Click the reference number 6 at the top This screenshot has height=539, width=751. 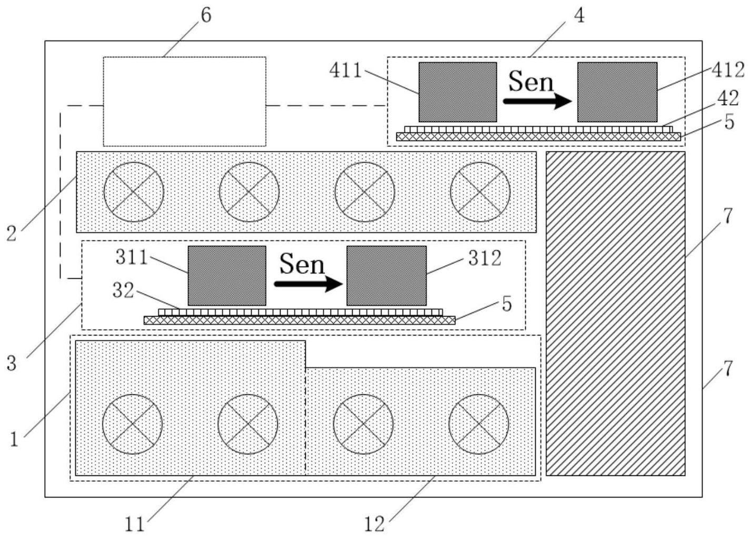[x=206, y=15]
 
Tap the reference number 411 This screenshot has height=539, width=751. [x=346, y=70]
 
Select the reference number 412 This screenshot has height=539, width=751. [x=728, y=70]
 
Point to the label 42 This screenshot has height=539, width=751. [x=728, y=98]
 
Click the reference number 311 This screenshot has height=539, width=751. [x=132, y=258]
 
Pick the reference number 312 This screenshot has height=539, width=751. [x=485, y=258]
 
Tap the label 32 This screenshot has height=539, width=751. [x=123, y=291]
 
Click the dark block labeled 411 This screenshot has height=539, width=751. [x=457, y=92]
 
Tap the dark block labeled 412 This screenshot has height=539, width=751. [x=617, y=92]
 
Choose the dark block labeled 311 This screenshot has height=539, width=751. [x=227, y=276]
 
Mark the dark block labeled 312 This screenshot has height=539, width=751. [x=386, y=276]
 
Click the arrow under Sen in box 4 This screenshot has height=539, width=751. [x=537, y=100]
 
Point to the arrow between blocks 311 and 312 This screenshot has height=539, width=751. [x=308, y=284]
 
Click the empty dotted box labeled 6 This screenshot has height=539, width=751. [x=184, y=101]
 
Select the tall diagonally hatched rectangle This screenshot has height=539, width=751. [x=615, y=313]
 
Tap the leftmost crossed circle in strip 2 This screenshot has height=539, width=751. [x=134, y=192]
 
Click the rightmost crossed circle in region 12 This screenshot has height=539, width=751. [x=478, y=424]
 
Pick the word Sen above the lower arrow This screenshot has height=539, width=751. [x=302, y=264]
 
